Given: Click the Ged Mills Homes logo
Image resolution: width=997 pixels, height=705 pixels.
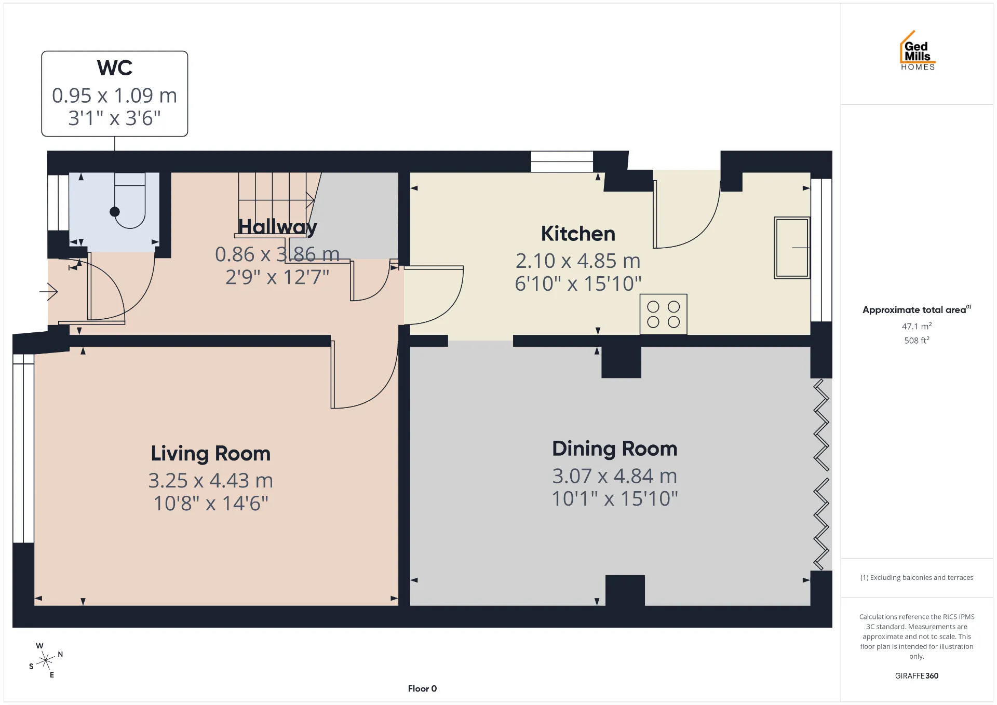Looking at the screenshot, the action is pyautogui.click(x=918, y=50).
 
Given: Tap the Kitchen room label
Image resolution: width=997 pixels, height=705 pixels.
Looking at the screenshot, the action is pyautogui.click(x=578, y=234).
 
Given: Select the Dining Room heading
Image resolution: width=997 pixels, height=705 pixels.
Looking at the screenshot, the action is pyautogui.click(x=614, y=449).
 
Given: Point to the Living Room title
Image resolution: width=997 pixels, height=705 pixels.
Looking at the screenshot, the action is pyautogui.click(x=210, y=453).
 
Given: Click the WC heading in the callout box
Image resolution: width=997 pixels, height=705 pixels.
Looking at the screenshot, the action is pyautogui.click(x=115, y=68).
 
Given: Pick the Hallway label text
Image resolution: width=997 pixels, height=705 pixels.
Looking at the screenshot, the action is pyautogui.click(x=277, y=227).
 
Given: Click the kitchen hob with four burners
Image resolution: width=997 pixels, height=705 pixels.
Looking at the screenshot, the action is pyautogui.click(x=663, y=314).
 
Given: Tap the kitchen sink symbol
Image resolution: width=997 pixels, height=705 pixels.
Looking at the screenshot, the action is pyautogui.click(x=792, y=248).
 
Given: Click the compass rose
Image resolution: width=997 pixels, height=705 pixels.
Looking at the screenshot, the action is pyautogui.click(x=46, y=660).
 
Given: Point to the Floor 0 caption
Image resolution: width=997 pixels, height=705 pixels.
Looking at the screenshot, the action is pyautogui.click(x=422, y=688).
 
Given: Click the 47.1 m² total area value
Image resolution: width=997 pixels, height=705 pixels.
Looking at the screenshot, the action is pyautogui.click(x=917, y=326).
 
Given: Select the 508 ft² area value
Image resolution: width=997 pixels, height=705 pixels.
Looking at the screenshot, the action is pyautogui.click(x=917, y=340).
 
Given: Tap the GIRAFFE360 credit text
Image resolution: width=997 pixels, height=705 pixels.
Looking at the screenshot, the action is pyautogui.click(x=917, y=675).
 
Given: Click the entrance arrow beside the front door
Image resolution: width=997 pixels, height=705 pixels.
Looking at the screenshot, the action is pyautogui.click(x=48, y=292).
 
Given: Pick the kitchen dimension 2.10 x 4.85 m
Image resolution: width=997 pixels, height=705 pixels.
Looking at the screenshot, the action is pyautogui.click(x=578, y=261).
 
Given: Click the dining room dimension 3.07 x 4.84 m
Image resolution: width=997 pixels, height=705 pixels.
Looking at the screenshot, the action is pyautogui.click(x=614, y=476).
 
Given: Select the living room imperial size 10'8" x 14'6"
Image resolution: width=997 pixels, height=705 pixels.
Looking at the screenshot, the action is pyautogui.click(x=210, y=503).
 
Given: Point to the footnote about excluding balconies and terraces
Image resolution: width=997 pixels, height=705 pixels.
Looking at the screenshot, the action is pyautogui.click(x=917, y=577).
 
